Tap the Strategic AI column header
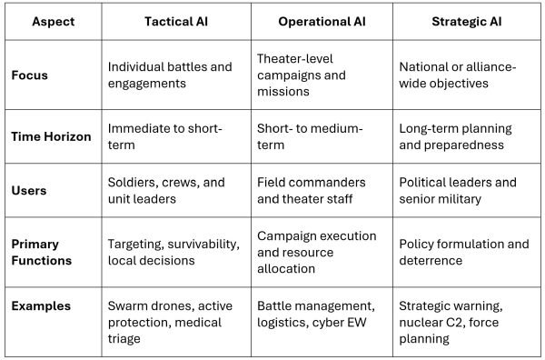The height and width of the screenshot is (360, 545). click(x=469, y=20)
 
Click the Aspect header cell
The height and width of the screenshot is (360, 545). click(x=53, y=20)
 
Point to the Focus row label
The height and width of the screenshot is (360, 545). click(x=31, y=75)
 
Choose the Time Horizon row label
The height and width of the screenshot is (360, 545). click(x=51, y=136)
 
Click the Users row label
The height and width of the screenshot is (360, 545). click(x=30, y=191)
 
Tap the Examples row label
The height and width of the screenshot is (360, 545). click(x=42, y=306)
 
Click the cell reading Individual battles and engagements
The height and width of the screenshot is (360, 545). click(x=170, y=75)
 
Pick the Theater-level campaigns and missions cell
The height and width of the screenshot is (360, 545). click(x=314, y=75)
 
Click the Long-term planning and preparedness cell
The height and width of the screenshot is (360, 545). click(x=456, y=136)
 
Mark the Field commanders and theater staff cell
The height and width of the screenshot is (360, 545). click(x=312, y=191)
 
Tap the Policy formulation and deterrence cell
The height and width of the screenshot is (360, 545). click(x=464, y=252)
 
